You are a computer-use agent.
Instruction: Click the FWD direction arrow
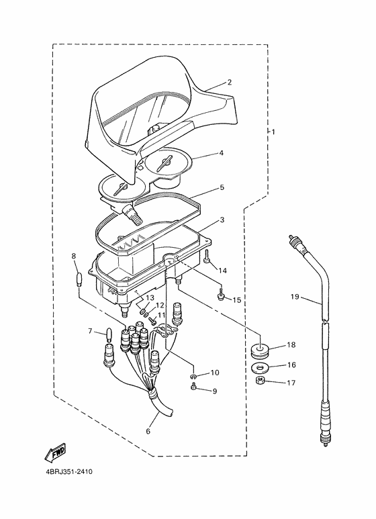[x=56, y=452]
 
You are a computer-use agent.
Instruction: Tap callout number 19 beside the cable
[x=295, y=297]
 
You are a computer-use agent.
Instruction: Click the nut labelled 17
[x=261, y=381]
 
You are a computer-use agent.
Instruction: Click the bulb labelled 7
[x=108, y=334]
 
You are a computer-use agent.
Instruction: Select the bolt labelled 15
[x=221, y=295]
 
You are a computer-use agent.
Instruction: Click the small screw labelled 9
[x=194, y=386]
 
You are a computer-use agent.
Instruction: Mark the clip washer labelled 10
[x=194, y=376]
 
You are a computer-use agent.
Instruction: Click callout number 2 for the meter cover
[x=230, y=82]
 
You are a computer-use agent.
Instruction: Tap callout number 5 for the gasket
[x=222, y=187]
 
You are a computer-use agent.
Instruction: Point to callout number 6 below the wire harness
[x=148, y=431]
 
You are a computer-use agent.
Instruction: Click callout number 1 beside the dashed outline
[x=273, y=132]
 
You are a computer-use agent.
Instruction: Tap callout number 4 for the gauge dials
[x=222, y=153]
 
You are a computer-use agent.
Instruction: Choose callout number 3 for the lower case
[x=222, y=220]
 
